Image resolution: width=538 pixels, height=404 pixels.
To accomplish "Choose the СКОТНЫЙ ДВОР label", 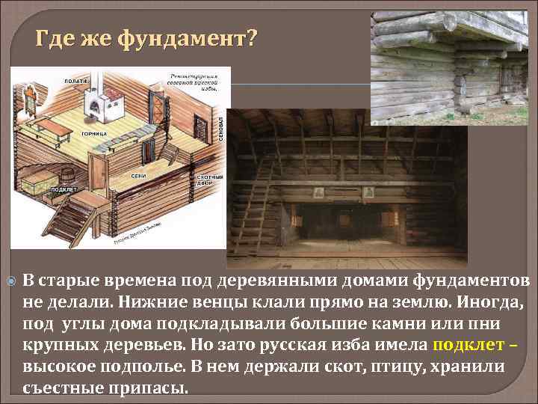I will click(210, 181).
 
